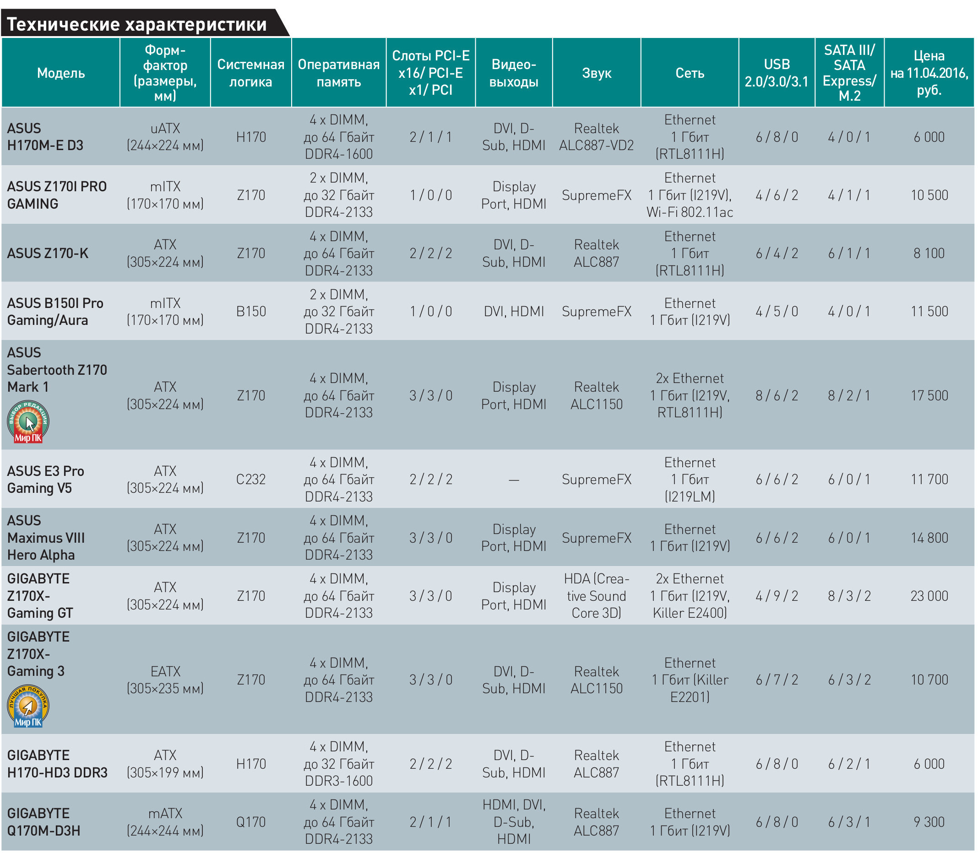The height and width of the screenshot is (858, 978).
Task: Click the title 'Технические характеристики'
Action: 137,24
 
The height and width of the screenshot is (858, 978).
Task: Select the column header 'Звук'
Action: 596,73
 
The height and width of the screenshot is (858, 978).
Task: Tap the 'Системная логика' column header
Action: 251,73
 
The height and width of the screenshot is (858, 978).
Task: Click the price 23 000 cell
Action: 929,596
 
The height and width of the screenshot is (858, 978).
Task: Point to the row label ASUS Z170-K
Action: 48,253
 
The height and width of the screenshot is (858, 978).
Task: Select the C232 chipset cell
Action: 251,479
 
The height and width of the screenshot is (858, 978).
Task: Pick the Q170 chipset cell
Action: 251,822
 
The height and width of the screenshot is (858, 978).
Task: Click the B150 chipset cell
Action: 251,311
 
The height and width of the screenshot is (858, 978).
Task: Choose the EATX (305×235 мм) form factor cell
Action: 165,680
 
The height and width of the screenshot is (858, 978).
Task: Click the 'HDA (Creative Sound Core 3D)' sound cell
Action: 596,596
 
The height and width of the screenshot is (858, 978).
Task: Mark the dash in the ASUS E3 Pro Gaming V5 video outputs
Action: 514,480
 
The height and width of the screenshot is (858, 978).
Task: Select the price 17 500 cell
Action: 929,395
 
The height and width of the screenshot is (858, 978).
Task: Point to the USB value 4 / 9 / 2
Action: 777,596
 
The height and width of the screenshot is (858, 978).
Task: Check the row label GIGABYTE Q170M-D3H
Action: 43,822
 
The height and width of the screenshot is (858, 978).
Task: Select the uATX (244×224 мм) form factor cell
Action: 165,137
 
